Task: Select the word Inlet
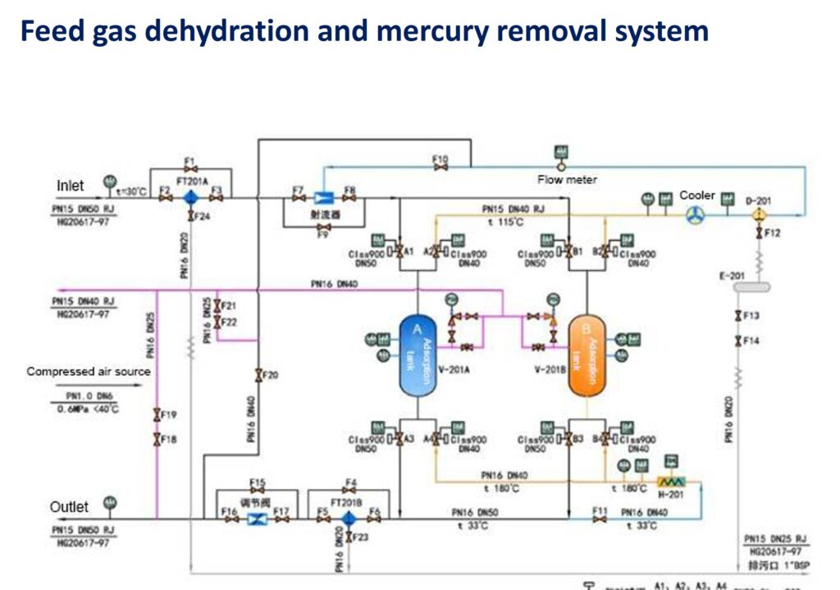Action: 71,186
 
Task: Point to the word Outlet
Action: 70,506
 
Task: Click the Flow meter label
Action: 568,180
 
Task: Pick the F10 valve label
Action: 441,159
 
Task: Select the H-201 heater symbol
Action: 670,485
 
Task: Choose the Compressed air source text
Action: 89,372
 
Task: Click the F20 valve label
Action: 271,375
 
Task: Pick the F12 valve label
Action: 773,233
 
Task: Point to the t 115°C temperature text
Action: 510,221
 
